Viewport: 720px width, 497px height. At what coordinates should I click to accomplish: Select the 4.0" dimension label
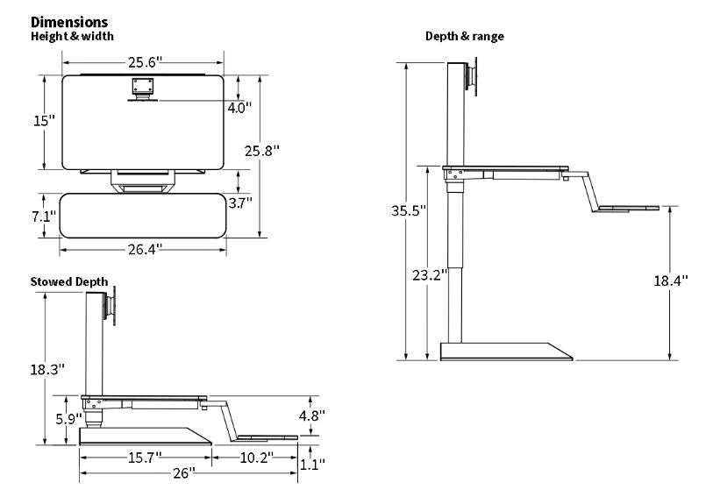239,109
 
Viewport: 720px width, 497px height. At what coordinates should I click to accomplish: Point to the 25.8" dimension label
261,151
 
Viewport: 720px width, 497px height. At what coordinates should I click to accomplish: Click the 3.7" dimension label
239,202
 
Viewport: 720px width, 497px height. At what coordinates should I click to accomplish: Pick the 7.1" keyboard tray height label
44,217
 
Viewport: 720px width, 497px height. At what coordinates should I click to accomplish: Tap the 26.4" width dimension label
144,249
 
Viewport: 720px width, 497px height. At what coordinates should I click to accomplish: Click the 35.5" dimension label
409,210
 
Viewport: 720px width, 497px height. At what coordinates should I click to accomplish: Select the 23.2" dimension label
430,274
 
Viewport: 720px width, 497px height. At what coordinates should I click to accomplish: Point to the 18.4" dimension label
671,280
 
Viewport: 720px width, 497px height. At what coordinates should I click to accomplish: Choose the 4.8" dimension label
311,415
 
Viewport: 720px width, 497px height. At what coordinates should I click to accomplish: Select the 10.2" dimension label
255,458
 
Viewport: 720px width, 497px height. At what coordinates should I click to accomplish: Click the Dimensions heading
69,22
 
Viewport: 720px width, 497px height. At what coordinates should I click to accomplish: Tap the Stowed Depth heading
69,281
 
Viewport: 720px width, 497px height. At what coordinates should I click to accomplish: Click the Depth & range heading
464,36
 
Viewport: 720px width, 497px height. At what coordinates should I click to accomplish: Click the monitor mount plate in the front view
142,87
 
